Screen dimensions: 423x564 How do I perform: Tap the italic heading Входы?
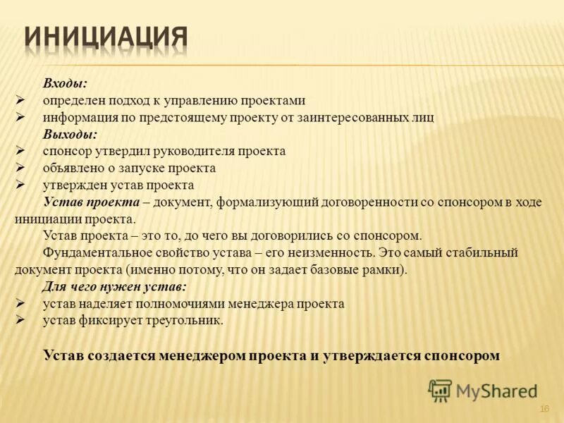click(65, 84)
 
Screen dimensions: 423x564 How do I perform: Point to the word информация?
click(76, 118)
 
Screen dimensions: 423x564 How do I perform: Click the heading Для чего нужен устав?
click(114, 286)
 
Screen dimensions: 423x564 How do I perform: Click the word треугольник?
click(182, 321)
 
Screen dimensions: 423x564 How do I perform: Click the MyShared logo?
click(483, 390)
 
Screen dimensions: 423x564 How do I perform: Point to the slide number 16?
click(544, 409)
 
